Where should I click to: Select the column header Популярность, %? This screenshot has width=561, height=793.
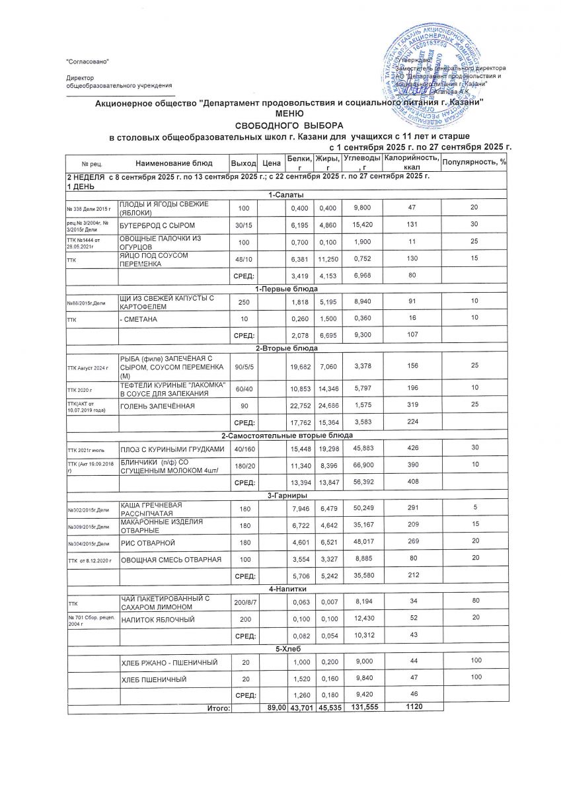click(474, 163)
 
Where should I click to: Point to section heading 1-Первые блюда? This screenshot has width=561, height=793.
click(286, 289)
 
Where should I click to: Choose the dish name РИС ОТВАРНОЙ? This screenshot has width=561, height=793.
click(147, 543)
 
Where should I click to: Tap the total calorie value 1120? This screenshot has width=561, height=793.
click(412, 707)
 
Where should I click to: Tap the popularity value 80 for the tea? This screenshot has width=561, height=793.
click(474, 603)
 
